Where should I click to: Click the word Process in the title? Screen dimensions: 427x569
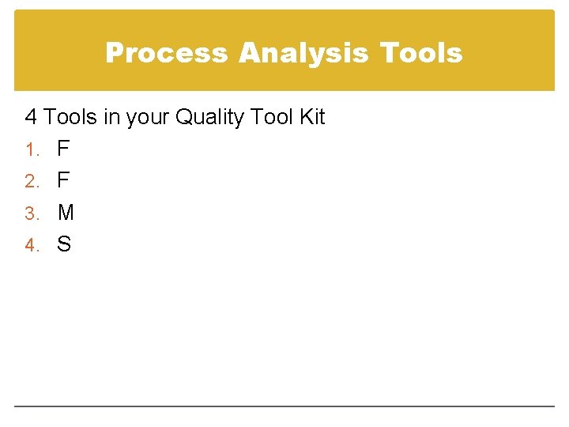(167, 53)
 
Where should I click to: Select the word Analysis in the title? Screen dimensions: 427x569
(303, 53)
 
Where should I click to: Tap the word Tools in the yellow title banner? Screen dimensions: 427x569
(420, 53)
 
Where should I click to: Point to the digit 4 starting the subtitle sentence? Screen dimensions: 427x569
(31, 118)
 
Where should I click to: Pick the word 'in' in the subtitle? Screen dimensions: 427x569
(111, 118)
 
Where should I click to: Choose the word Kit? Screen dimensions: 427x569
(312, 118)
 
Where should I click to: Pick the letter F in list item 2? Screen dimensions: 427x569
(64, 181)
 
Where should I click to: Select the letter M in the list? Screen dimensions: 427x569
(66, 213)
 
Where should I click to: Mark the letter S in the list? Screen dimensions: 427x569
(64, 244)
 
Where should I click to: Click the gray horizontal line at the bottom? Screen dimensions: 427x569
(284, 406)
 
